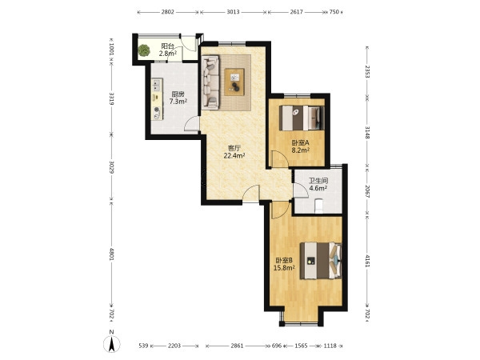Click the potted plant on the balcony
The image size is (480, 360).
tap(143, 50)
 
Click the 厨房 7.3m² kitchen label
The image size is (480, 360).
tap(178, 98)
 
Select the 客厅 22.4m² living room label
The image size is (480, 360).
tap(234, 152)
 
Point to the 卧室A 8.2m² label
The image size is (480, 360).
tap(300, 146)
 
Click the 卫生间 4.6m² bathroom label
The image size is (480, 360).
tap(318, 184)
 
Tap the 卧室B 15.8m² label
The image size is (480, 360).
tap(284, 264)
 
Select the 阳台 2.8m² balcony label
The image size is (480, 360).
tap(168, 50)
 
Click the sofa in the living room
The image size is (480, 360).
tap(210, 82)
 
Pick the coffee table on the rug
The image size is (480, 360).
tap(234, 82)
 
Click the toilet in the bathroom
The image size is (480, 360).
tap(319, 206)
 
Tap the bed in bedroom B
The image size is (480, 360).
tap(321, 261)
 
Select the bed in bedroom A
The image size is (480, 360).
tap(302, 118)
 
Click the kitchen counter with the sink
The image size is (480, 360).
tap(157, 99)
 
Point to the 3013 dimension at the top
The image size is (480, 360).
tap(233, 12)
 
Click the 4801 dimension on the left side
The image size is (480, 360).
tap(111, 254)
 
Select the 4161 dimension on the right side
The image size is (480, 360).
tap(367, 261)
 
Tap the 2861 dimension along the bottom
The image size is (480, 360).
tap(237, 346)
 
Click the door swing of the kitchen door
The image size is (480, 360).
tap(192, 124)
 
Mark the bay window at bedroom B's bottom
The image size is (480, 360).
tap(302, 323)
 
